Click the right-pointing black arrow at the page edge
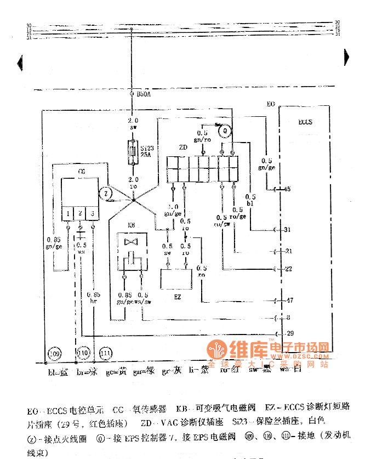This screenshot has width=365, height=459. coord(346,55)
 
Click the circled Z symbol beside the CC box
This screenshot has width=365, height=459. coord(107,193)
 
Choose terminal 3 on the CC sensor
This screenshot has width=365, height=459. coord(93,213)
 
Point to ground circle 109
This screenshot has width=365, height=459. coord(55,353)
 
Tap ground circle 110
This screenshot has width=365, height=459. coord(83,353)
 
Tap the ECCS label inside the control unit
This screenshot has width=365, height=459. coord(305,122)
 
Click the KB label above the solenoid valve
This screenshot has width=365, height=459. coord(132,225)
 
